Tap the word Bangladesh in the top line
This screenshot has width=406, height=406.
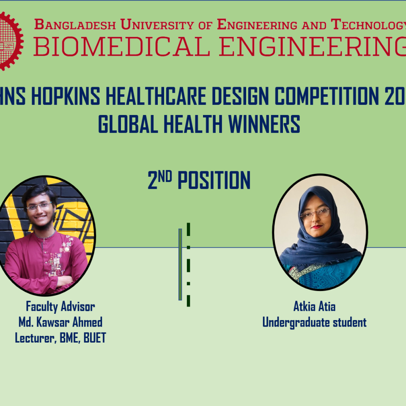(x=74, y=24)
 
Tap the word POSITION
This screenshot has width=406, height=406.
(x=214, y=181)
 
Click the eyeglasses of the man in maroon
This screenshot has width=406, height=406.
(x=39, y=207)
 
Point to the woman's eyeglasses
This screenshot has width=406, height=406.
(x=315, y=214)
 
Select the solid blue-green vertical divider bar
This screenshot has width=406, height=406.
(x=180, y=264)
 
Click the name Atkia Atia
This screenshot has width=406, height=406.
(x=314, y=306)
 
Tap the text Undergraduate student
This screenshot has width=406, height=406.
(x=314, y=323)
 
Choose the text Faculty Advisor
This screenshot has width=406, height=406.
(x=60, y=306)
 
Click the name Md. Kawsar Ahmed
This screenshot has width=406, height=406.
(x=60, y=323)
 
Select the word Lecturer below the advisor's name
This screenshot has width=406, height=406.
(x=33, y=339)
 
